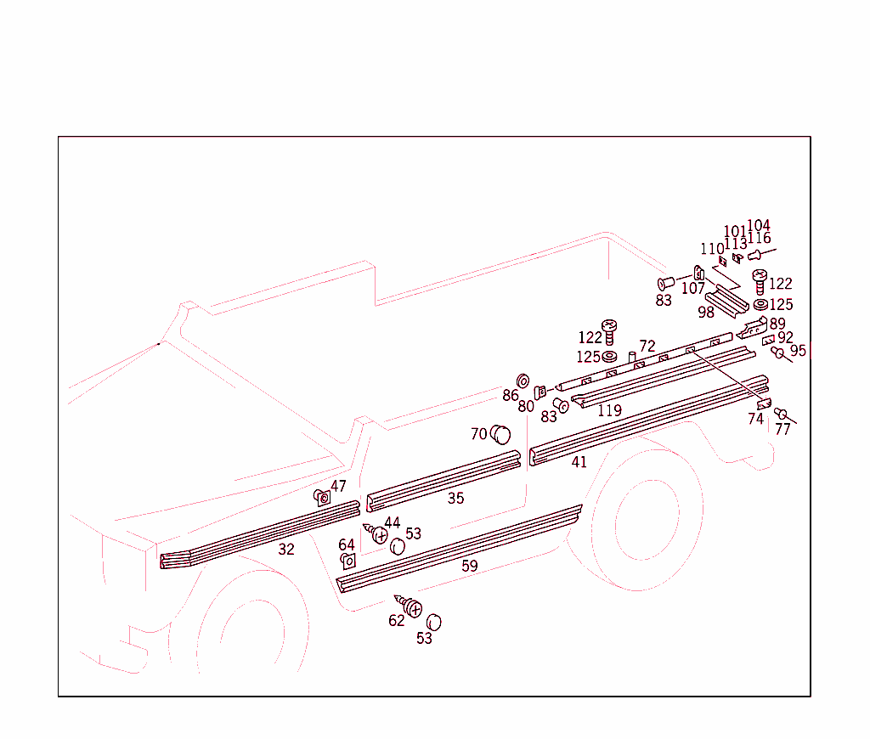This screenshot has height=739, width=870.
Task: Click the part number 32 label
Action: click(x=286, y=550)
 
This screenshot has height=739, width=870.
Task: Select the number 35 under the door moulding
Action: click(x=456, y=499)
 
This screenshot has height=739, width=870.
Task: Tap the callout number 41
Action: click(x=579, y=463)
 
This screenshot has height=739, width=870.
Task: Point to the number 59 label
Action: click(x=470, y=566)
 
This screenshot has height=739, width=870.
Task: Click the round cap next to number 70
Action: click(x=501, y=435)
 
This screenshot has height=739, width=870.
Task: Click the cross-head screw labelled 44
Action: click(x=378, y=535)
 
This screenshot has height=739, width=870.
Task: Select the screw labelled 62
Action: click(x=413, y=607)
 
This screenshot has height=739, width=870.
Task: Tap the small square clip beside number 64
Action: click(x=347, y=561)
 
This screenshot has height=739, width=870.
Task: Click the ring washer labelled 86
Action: click(x=523, y=380)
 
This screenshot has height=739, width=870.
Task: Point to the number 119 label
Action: click(x=609, y=411)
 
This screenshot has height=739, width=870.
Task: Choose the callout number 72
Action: click(x=647, y=347)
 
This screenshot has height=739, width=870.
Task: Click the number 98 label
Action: click(x=706, y=312)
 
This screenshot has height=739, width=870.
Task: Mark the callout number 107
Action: click(x=693, y=289)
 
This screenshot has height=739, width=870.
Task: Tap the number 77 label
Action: click(x=782, y=430)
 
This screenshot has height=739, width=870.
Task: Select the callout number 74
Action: click(x=755, y=419)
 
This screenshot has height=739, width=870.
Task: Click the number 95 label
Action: click(x=798, y=351)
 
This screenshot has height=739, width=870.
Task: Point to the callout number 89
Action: click(x=777, y=324)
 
